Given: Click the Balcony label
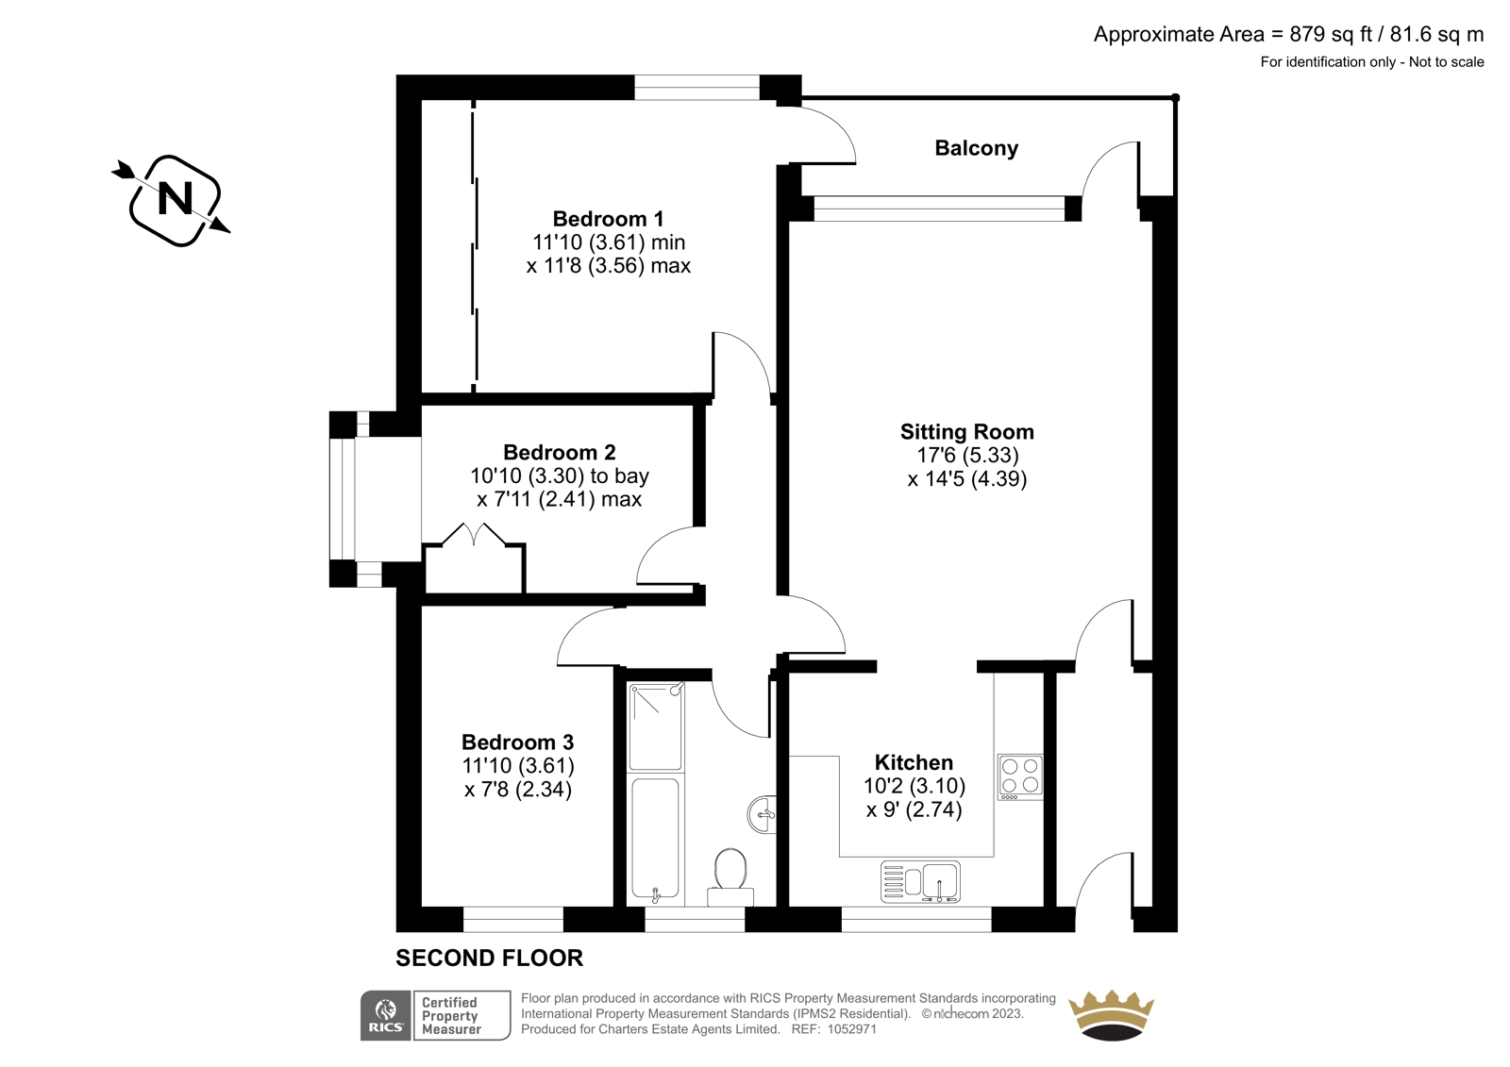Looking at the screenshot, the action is tap(976, 148).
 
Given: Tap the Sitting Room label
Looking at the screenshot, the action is tap(966, 431).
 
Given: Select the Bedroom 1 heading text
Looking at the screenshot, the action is tap(608, 219).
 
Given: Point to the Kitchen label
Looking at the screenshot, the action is tap(914, 762).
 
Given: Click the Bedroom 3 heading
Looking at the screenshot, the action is tap(518, 742).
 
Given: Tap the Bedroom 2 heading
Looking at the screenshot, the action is tap(560, 452).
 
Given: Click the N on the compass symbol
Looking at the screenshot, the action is tap(175, 199).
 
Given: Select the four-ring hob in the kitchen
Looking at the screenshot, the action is tap(1020, 777).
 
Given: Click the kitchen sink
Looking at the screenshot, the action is tap(920, 882).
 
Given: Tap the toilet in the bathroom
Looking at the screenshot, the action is tap(730, 877).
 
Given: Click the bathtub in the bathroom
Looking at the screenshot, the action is tap(655, 840).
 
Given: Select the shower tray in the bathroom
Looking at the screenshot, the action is tap(655, 725).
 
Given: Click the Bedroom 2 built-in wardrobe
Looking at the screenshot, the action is tap(474, 559).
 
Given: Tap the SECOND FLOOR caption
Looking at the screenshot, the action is tap(490, 958).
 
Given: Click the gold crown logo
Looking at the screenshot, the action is tap(1112, 1015).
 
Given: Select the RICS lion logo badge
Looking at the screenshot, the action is tap(386, 1015).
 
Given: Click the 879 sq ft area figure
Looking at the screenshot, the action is tap(1330, 34).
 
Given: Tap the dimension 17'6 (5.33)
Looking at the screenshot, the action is tap(967, 455).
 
